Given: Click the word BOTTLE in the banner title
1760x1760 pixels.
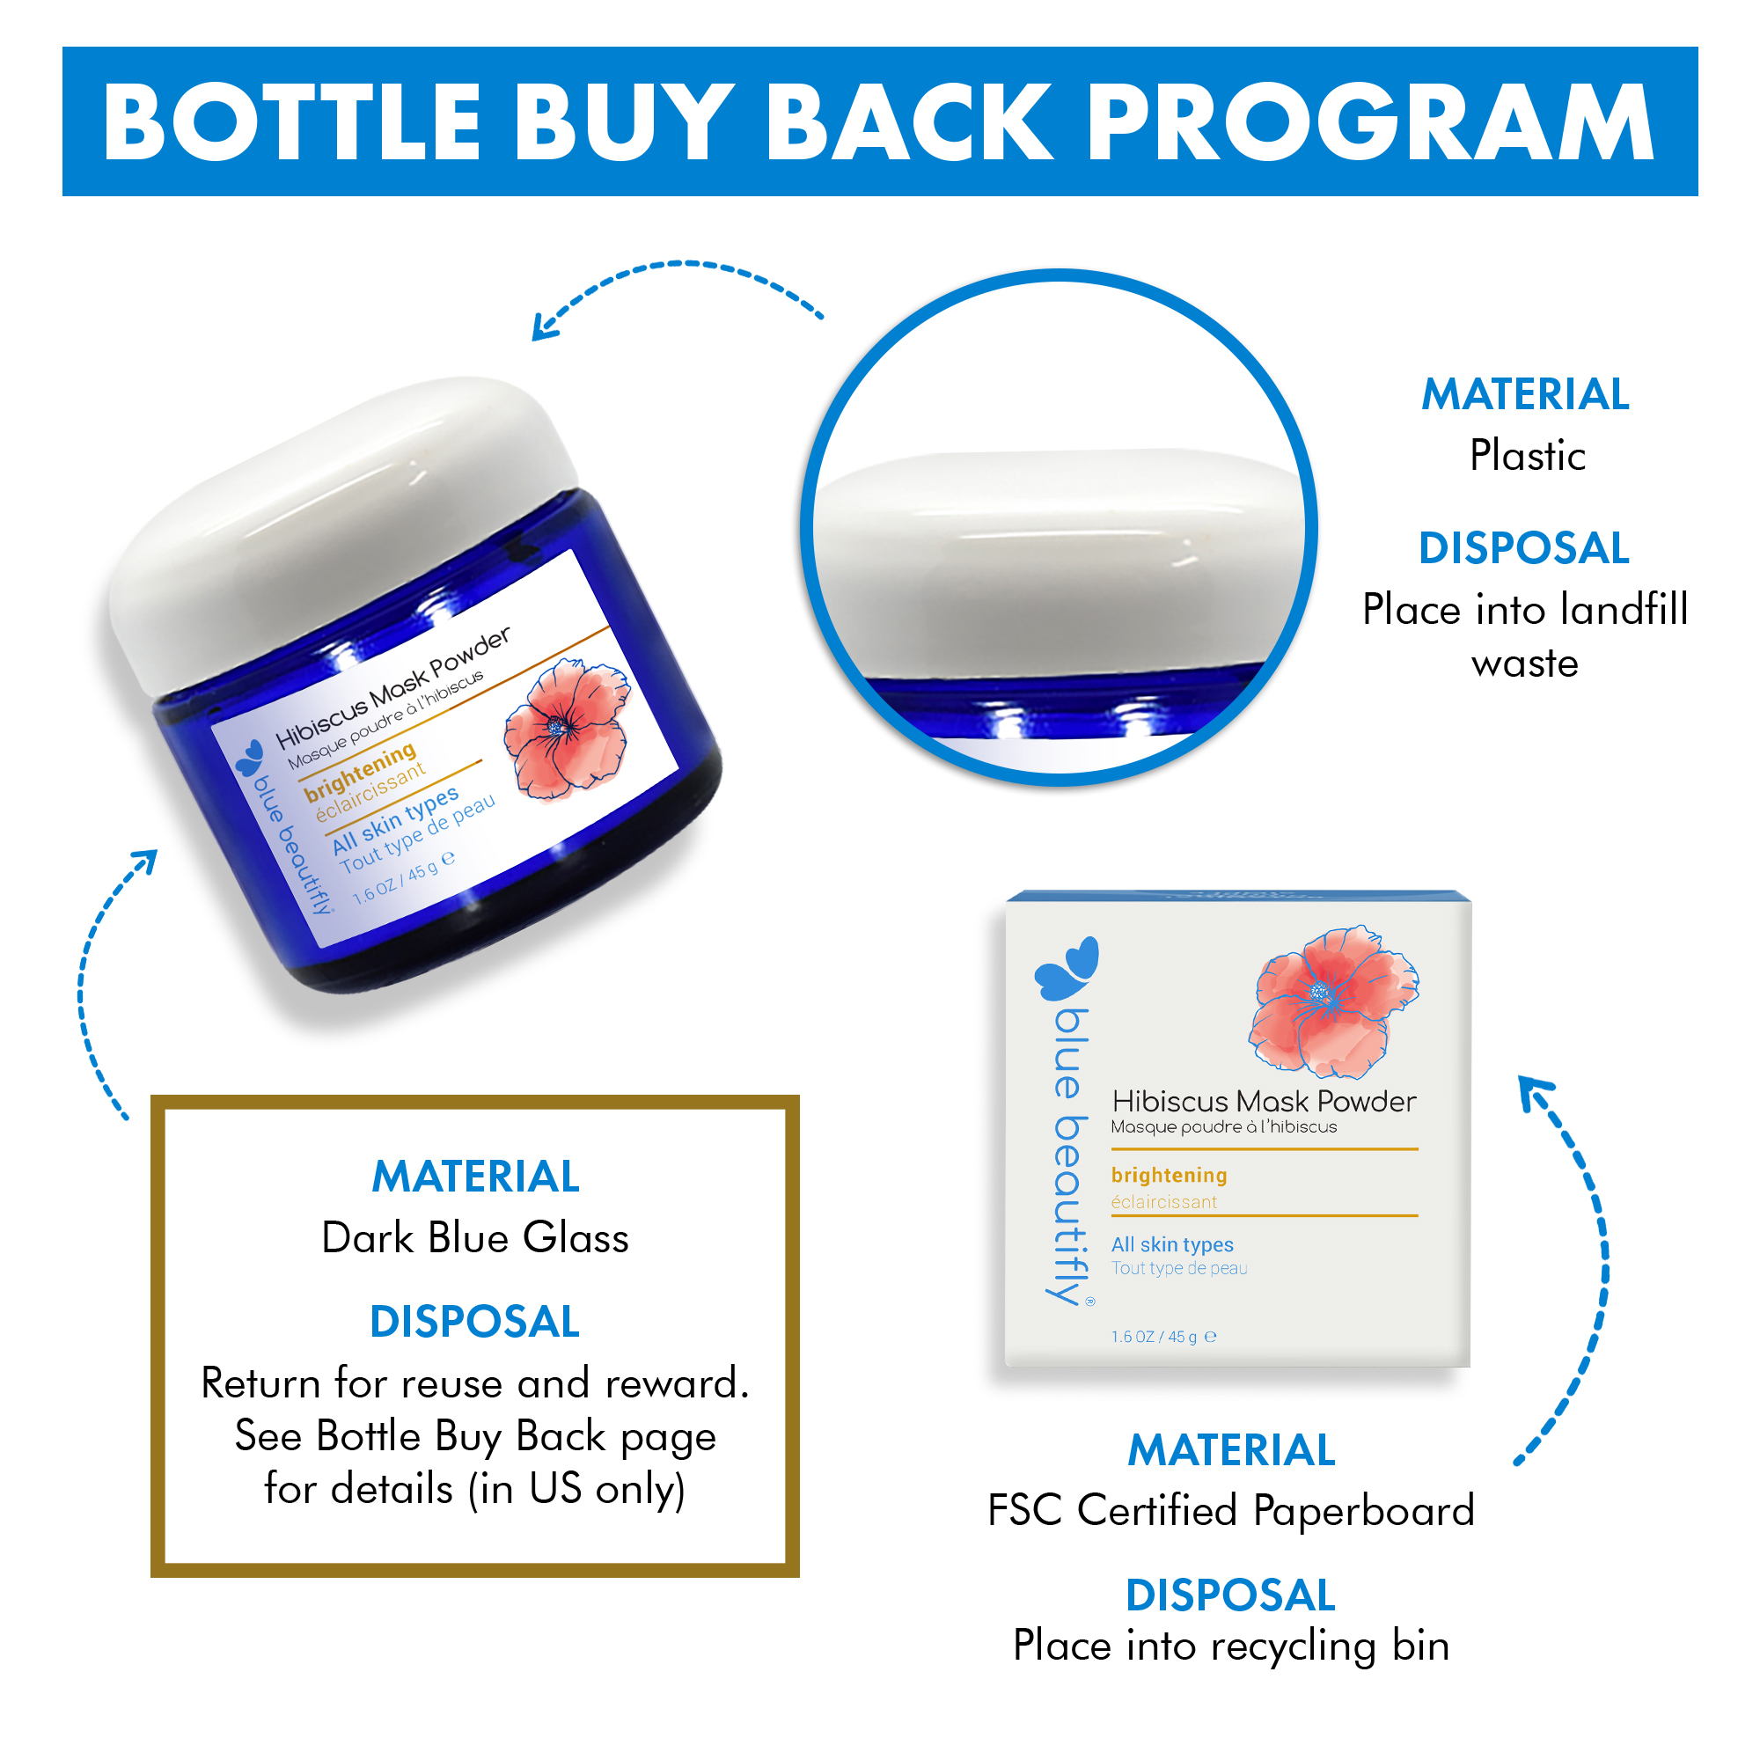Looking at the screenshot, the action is [292, 122].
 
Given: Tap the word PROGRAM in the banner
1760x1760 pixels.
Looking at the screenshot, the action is [1371, 122].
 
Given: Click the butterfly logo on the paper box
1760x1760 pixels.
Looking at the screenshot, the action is [1067, 967].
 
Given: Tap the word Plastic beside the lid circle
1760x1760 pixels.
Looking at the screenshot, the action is [1527, 456].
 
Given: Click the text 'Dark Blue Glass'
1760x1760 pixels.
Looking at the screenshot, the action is [475, 1238].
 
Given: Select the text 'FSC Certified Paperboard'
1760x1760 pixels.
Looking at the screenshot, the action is [1231, 1510].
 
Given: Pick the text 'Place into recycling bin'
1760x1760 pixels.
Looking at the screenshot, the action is [1231, 1646].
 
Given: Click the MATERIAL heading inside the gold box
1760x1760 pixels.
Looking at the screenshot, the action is [475, 1176].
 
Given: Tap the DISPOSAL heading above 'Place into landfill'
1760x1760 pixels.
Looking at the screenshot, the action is [1524, 548].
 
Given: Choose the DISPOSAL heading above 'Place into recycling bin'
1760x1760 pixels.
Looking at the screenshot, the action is [1231, 1596].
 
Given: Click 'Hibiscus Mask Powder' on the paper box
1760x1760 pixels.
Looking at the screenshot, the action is [1264, 1102].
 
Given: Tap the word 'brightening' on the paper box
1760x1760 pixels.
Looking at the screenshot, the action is [1169, 1175].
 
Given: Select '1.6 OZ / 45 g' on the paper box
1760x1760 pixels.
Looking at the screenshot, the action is [1155, 1337].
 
